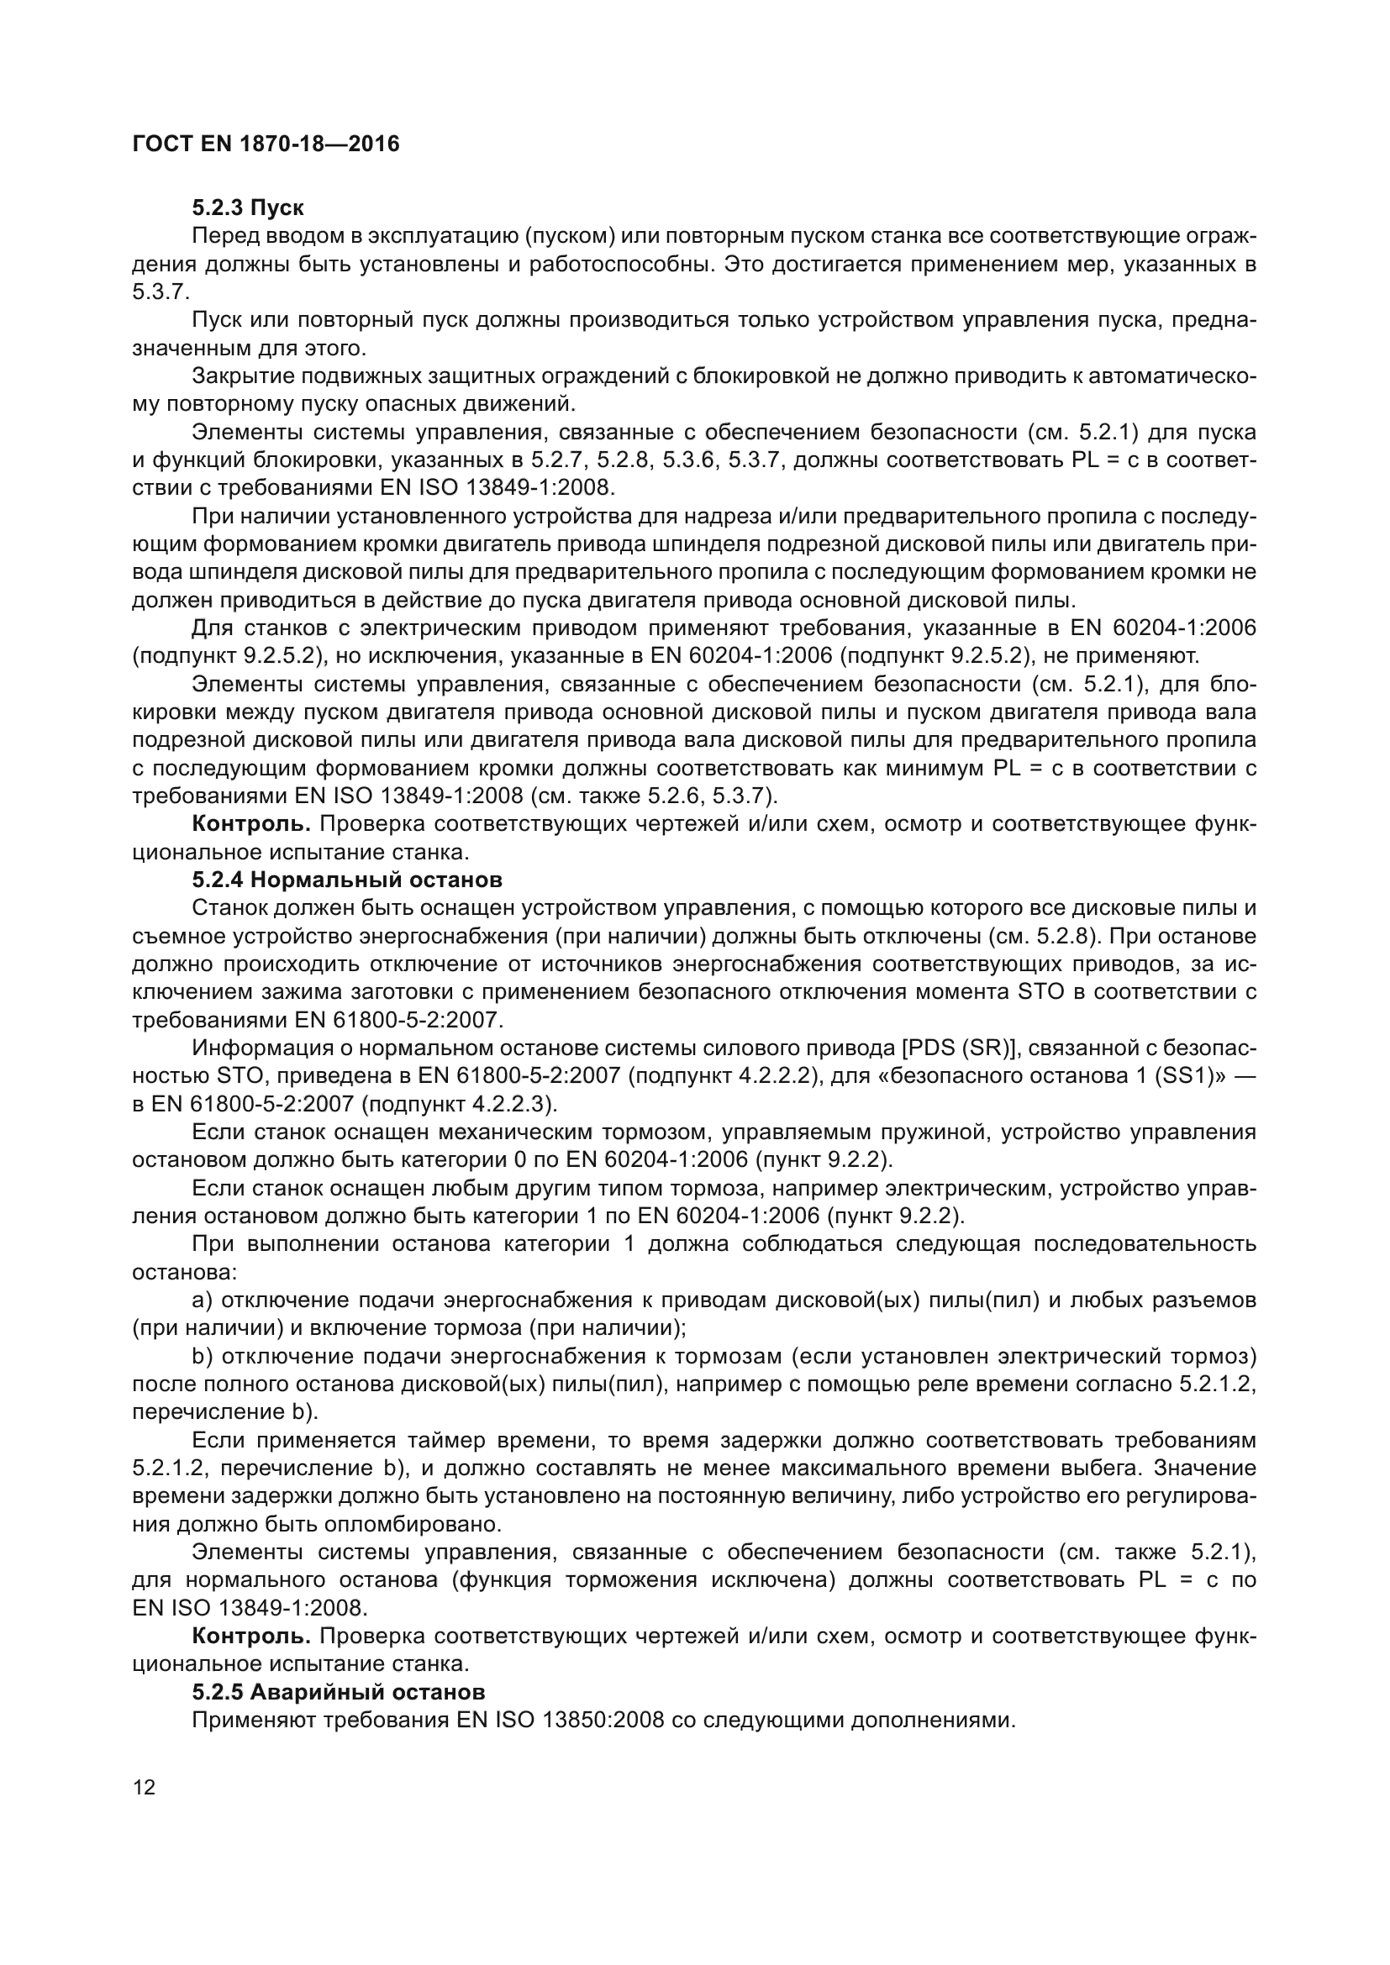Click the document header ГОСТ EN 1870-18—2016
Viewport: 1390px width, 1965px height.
click(x=266, y=144)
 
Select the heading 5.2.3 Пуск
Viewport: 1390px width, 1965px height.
click(x=248, y=208)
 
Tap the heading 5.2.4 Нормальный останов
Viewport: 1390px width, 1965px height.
click(x=346, y=880)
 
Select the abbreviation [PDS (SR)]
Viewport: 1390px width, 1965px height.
click(x=953, y=1048)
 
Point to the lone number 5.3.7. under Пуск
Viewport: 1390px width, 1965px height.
click(x=160, y=292)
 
